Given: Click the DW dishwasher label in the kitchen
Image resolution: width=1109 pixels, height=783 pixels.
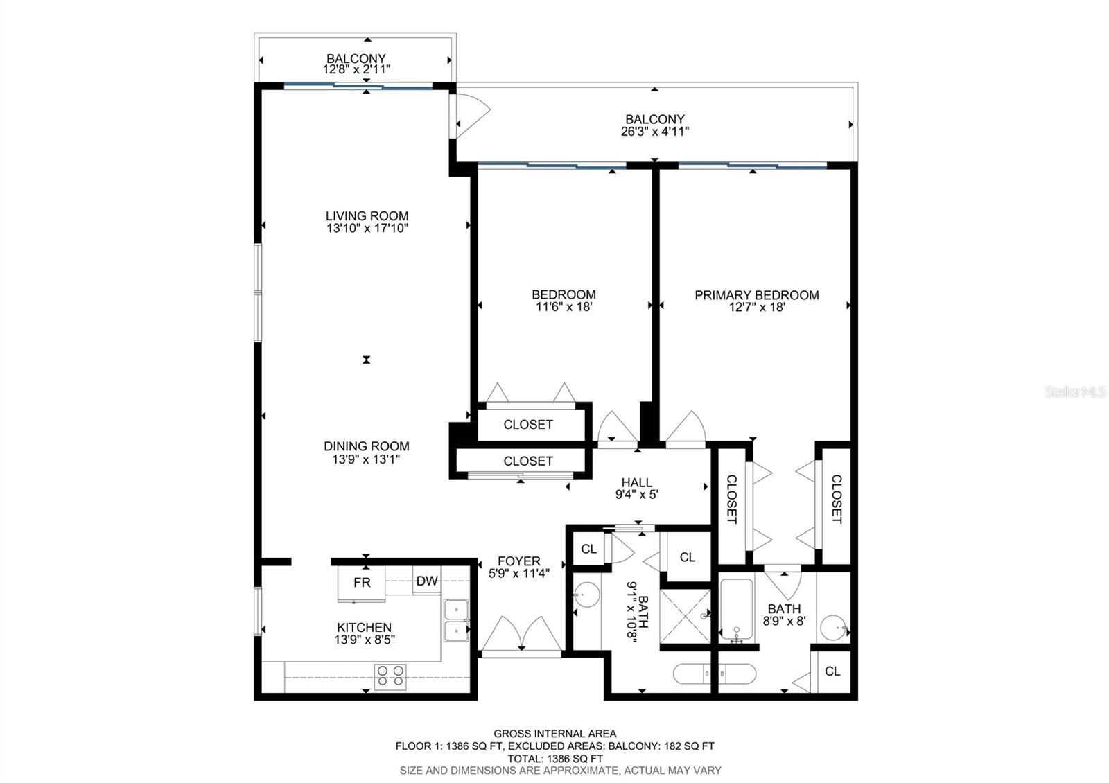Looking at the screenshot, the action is tap(427, 581).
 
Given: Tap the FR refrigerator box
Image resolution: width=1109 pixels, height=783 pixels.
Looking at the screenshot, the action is tap(361, 583).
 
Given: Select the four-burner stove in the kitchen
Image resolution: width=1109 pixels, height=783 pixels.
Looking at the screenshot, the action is tap(390, 676).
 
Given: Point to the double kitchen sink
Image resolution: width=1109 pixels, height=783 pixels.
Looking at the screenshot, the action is tap(456, 620).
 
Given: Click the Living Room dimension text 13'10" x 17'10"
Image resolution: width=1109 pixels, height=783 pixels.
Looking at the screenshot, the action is tap(367, 228).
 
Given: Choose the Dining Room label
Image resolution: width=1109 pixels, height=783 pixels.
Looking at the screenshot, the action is tap(367, 446).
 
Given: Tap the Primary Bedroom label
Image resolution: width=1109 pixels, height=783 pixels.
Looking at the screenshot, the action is tap(756, 295).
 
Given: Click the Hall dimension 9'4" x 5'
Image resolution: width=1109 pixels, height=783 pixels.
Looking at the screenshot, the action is tap(637, 494).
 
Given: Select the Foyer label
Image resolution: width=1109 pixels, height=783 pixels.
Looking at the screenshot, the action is tap(519, 561).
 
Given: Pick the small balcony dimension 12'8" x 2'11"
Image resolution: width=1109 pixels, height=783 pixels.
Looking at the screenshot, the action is tap(356, 69).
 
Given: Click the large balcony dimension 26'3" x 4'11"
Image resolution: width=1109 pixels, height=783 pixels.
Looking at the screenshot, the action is tap(654, 131).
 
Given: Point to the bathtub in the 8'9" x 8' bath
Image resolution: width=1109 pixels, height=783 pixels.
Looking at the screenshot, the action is tap(737, 610).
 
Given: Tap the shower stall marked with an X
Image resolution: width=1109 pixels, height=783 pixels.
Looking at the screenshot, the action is tap(686, 617).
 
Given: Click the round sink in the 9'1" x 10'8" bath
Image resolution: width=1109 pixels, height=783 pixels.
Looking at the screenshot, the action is tap(586, 595).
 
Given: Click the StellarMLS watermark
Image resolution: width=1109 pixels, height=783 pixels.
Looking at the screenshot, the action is tap(1075, 392).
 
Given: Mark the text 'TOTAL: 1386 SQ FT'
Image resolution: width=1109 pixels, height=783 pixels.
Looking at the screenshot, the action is tap(555, 758).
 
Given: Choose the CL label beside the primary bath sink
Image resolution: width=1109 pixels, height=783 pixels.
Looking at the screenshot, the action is tap(832, 671).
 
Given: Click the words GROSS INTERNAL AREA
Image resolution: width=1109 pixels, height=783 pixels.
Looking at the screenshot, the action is tap(555, 734).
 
